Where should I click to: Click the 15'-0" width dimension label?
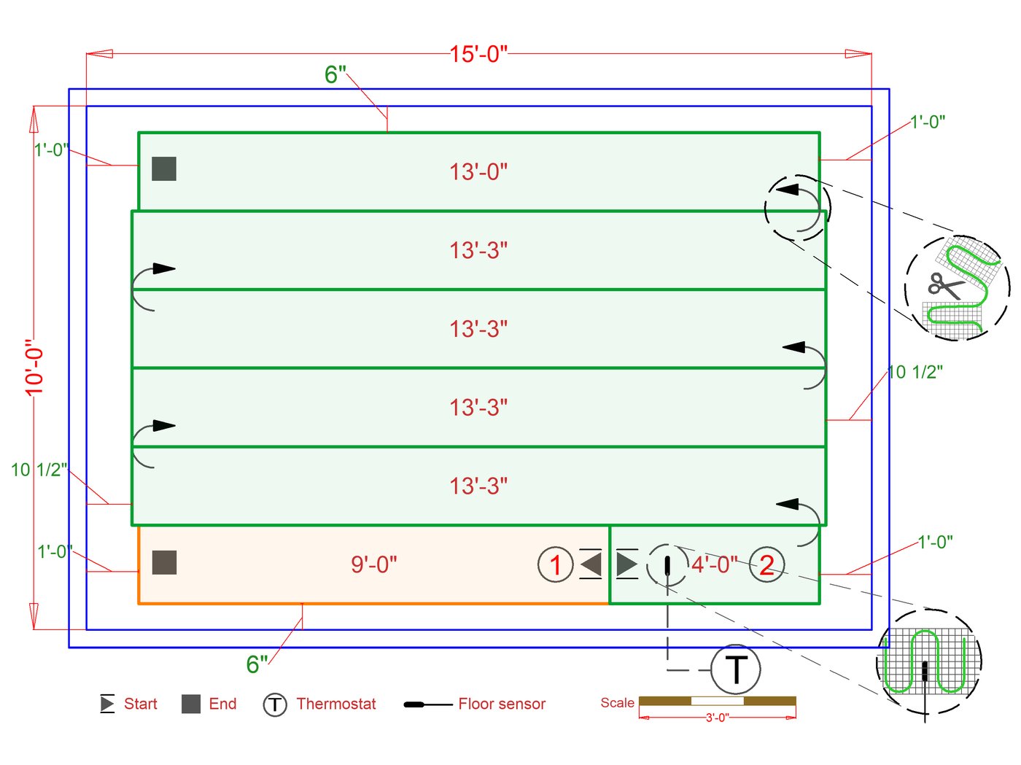478,54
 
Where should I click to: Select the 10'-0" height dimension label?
34,368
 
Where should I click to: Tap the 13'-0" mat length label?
478,171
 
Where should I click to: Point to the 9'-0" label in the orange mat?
373,564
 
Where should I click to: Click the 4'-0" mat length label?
714,564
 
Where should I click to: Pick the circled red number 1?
555,564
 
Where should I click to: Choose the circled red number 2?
766,564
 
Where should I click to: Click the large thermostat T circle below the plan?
736,669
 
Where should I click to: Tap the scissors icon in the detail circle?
946,286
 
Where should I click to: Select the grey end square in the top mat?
164,168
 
